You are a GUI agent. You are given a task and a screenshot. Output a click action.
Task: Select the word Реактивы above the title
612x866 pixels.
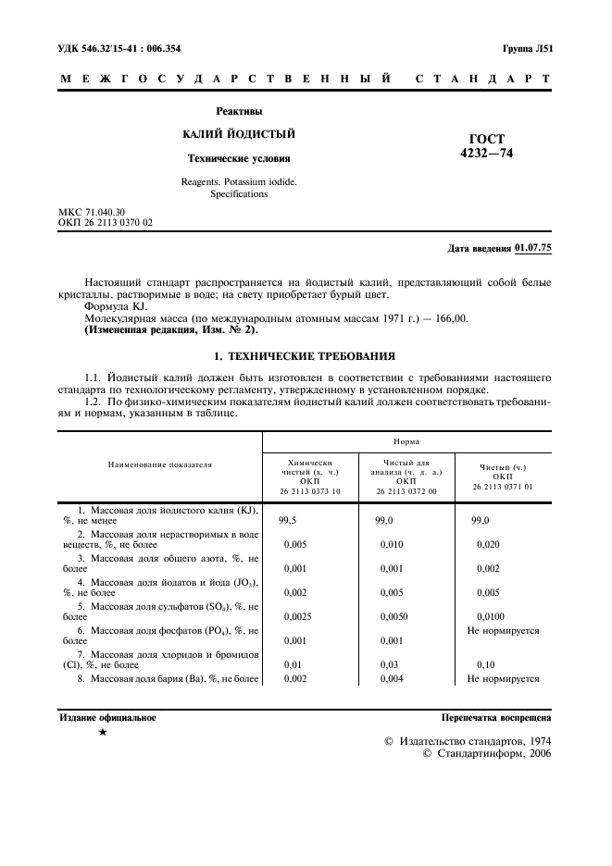[239, 111]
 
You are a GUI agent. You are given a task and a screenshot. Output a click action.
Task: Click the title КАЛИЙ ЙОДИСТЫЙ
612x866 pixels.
[239, 134]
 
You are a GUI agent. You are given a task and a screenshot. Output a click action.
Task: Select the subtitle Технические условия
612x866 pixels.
[239, 158]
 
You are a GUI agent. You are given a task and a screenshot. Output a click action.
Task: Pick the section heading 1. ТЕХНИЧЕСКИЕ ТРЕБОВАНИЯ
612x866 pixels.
[306, 355]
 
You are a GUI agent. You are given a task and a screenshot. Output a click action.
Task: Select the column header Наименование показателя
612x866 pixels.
[159, 464]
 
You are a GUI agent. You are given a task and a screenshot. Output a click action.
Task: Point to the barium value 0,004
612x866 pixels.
[392, 678]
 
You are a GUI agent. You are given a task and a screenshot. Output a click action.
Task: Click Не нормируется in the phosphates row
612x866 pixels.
[503, 630]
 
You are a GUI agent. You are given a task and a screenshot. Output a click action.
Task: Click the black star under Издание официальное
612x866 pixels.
[103, 732]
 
